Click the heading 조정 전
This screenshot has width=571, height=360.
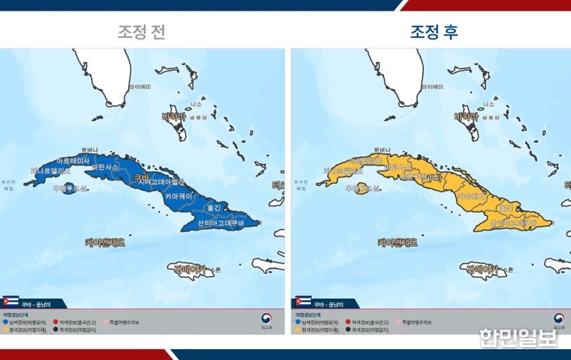(x=142, y=33)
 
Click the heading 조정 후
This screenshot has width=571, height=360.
(x=434, y=33)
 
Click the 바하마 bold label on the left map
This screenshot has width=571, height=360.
(x=174, y=116)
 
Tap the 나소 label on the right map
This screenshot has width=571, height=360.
(x=489, y=104)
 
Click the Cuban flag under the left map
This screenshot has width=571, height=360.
(x=11, y=301)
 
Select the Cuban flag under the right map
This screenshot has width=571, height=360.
(x=304, y=301)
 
